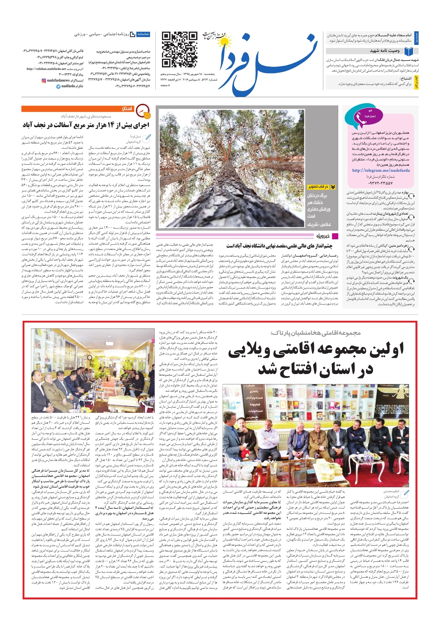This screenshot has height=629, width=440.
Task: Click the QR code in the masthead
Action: (x=179, y=50)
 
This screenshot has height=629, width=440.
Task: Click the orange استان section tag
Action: (x=127, y=109)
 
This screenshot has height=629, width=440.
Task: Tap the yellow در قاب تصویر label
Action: (x=318, y=187)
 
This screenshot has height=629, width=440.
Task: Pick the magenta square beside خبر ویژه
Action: (x=335, y=236)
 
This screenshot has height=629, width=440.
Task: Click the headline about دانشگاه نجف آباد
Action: (x=279, y=246)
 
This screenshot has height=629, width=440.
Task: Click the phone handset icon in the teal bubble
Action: (x=360, y=118)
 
